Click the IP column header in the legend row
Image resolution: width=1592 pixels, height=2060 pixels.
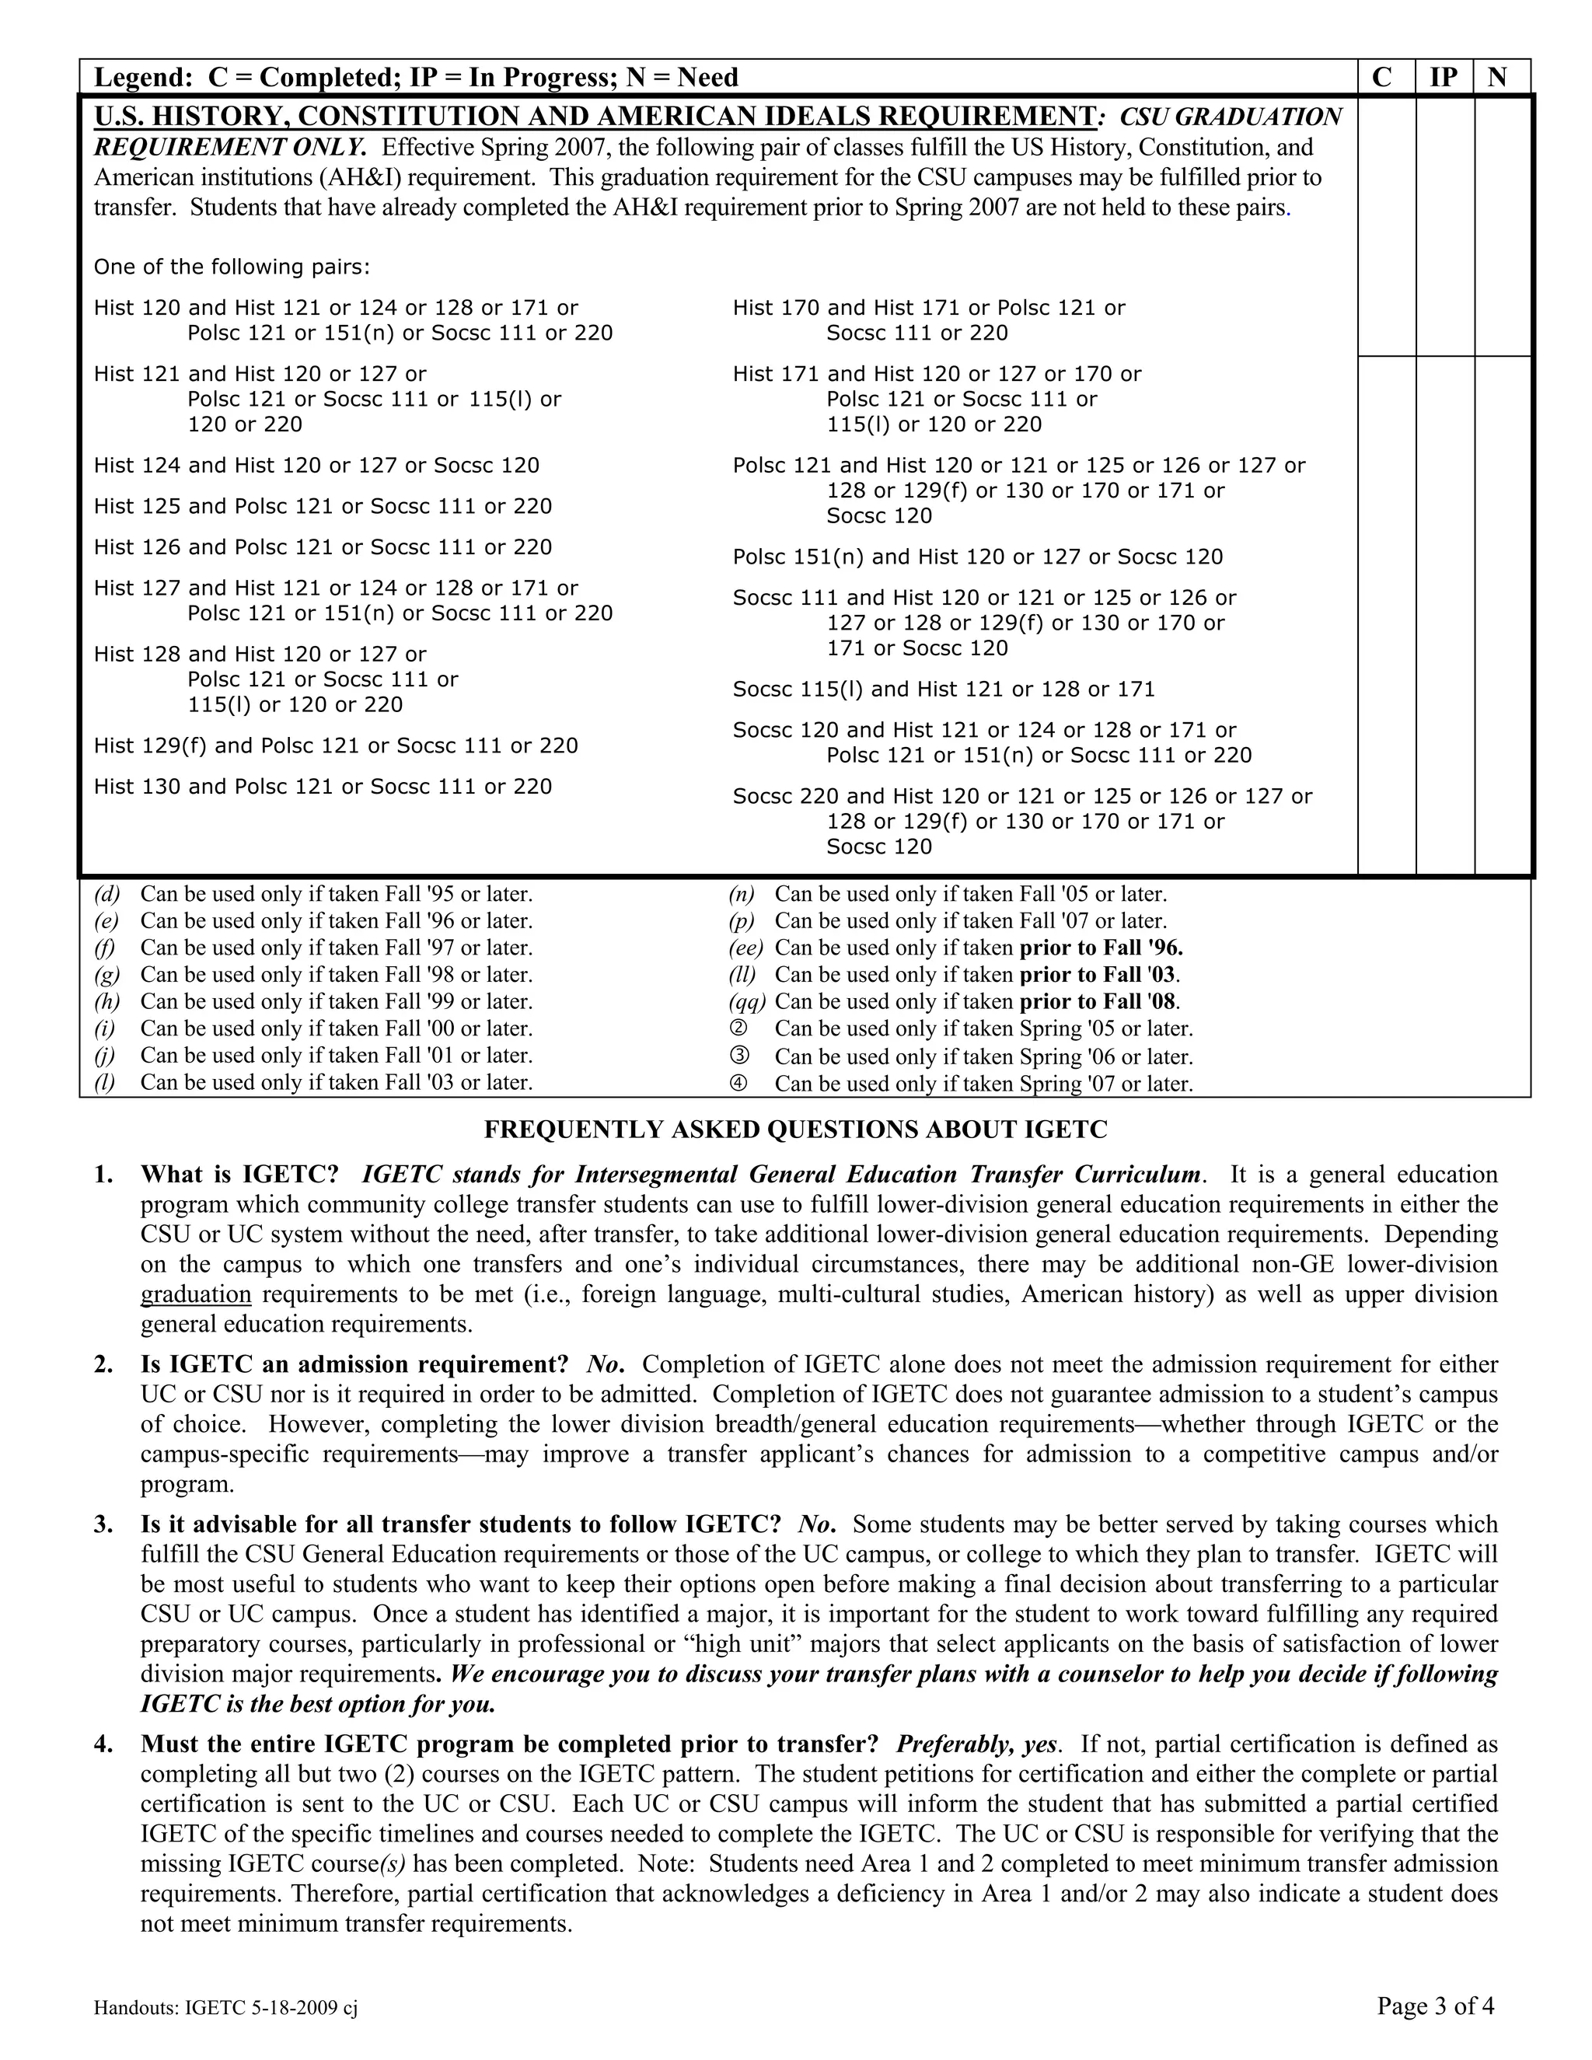point(1444,76)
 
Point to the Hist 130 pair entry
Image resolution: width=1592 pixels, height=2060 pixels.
point(323,787)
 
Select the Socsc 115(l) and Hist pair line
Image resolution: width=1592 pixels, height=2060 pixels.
point(943,690)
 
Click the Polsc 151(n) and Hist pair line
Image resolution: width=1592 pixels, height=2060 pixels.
point(977,557)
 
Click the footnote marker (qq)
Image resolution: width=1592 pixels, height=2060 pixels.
point(746,1002)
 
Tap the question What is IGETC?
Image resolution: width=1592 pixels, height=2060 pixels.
point(239,1175)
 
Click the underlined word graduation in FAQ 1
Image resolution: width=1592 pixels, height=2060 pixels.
point(195,1294)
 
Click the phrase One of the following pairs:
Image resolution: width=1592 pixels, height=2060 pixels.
point(232,267)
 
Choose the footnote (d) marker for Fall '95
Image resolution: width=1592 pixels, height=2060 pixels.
point(106,894)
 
